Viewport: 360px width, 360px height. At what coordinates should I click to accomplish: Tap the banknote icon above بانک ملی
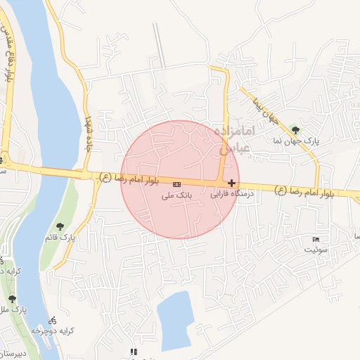pos(176,185)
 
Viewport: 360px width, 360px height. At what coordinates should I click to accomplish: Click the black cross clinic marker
pos(232,182)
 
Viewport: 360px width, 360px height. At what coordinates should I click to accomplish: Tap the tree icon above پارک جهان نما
pos(295,129)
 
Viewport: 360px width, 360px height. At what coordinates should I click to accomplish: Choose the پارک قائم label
pos(62,238)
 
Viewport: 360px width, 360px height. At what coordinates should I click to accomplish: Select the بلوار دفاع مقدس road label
pos(8,56)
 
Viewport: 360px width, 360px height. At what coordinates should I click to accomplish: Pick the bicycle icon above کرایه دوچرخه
pos(53,321)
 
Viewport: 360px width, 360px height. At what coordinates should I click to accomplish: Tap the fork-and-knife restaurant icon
pos(133,351)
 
